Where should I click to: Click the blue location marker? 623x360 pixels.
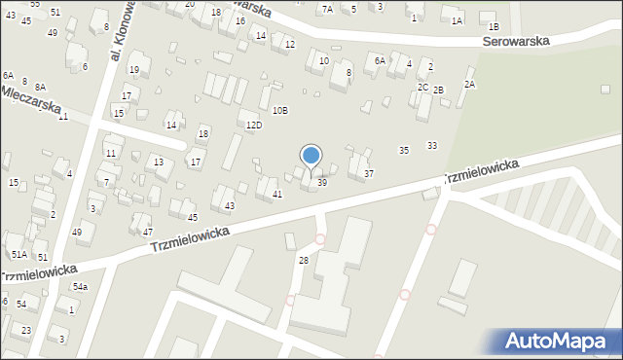pos(311,156)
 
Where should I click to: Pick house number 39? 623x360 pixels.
pos(322,182)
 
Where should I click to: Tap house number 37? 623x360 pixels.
pos(368,173)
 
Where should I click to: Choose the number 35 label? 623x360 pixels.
pos(404,150)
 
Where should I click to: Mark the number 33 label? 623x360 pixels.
pos(432,145)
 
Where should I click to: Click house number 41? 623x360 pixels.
pos(277,195)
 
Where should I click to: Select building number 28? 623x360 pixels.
pos(304,260)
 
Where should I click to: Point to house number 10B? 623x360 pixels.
pos(279,110)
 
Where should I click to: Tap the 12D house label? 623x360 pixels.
pos(253,126)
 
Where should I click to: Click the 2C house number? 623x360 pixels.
pos(422,87)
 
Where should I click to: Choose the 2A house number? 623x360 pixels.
pos(469,85)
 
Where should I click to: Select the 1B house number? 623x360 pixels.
pos(493,27)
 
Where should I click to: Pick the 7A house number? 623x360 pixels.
pos(327,9)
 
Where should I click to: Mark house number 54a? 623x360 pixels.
pos(80,287)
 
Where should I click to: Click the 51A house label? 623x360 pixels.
pos(18,254)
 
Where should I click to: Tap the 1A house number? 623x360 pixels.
pos(457,20)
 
